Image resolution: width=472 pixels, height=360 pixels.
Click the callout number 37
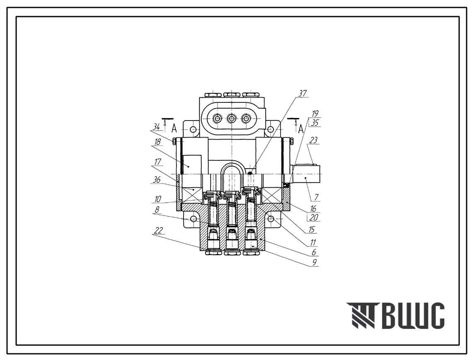click(x=302, y=94)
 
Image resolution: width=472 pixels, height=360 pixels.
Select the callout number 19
click(x=315, y=114)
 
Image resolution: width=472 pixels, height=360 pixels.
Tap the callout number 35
click(x=315, y=122)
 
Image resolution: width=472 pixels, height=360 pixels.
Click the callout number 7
click(x=316, y=198)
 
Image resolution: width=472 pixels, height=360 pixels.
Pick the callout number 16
click(x=313, y=208)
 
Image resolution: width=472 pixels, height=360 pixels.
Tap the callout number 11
click(x=313, y=242)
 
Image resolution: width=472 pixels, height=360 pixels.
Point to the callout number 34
click(x=156, y=127)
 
